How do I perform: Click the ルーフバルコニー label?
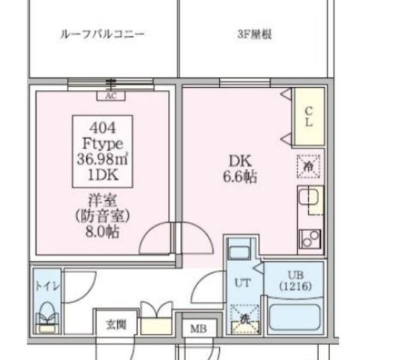point(102,34)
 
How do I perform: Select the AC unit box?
point(110,95)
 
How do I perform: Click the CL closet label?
point(308,117)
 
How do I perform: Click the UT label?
point(242,283)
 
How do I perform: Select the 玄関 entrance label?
point(115,324)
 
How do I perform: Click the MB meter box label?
point(198,329)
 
